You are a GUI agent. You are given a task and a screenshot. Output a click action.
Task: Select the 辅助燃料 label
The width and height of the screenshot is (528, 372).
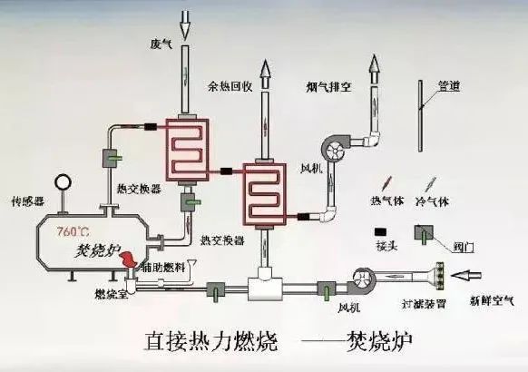click(x=166, y=266)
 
